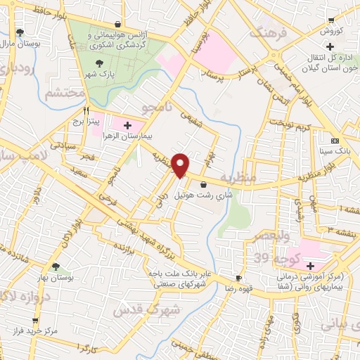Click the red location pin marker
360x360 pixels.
click(181, 165)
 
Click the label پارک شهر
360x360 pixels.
click(96, 73)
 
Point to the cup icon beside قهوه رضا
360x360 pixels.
click(239, 279)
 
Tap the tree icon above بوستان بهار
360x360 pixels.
click(56, 266)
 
